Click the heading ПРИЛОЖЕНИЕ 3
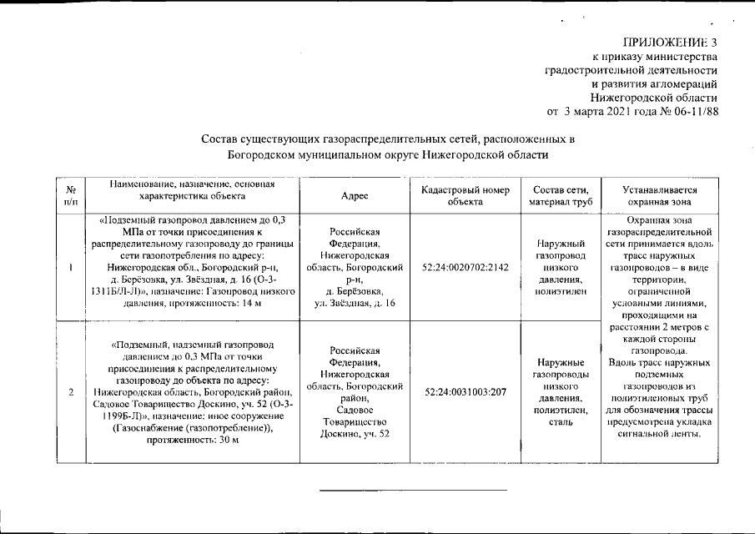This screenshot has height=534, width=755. click(x=669, y=43)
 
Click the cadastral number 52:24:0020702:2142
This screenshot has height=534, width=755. click(x=466, y=267)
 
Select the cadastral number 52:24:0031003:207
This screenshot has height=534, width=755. click(x=466, y=390)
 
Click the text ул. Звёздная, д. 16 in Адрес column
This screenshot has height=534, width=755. click(x=355, y=302)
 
